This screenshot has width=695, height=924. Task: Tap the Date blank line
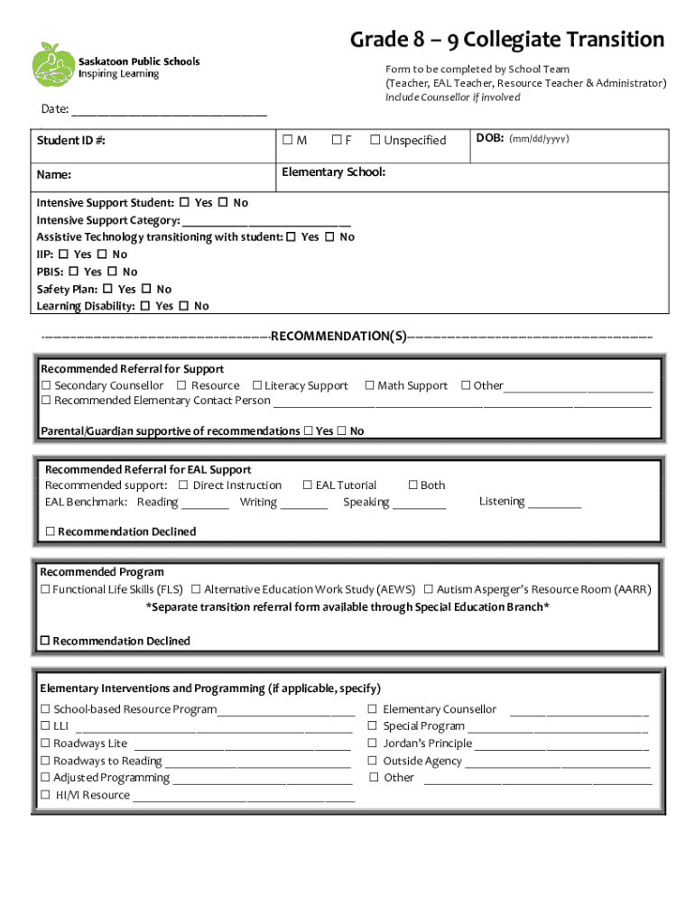point(169,112)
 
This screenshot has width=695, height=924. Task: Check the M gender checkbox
point(287,140)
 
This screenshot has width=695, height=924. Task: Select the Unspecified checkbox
point(375,140)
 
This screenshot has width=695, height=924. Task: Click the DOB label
point(489,139)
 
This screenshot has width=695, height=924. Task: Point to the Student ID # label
point(64,141)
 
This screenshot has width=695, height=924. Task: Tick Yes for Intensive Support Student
point(184,203)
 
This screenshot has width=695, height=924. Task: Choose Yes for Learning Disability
point(145,306)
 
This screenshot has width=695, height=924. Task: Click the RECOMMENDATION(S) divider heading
point(338,337)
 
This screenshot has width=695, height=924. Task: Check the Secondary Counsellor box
point(46,385)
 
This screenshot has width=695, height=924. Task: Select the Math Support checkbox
point(369,385)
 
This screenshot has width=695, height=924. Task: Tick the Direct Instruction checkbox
point(183,485)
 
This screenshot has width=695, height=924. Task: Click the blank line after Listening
point(554,504)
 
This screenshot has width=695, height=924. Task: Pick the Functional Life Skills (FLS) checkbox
point(45,589)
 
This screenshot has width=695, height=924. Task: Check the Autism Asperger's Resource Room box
point(429,589)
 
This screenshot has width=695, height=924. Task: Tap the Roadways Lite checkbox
point(45,744)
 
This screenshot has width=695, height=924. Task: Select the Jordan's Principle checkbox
point(372,744)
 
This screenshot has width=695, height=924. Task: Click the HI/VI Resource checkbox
point(45,795)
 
